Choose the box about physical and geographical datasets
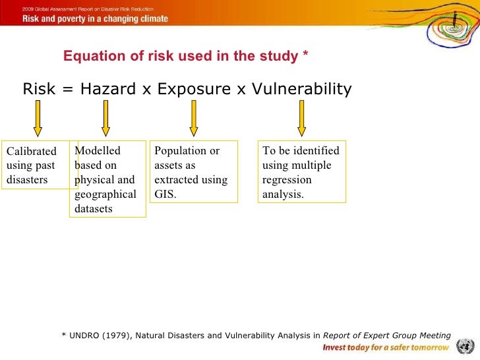point(107,179)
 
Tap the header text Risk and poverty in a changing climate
point(96,19)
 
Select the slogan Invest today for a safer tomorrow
point(386,347)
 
